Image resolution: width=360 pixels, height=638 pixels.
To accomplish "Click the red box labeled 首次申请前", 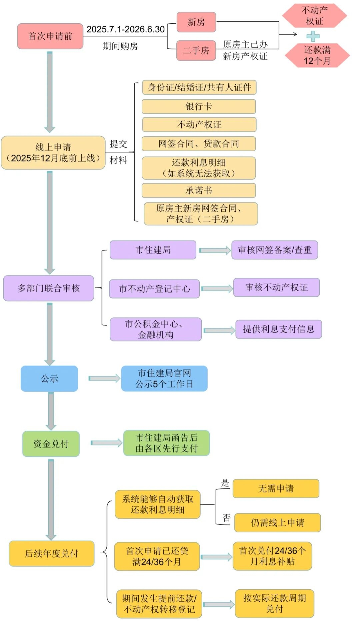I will (50, 36).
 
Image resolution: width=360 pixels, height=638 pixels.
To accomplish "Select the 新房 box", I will (196, 22).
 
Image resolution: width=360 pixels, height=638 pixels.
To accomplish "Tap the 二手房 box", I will (196, 50).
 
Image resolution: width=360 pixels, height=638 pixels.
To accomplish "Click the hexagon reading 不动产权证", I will (314, 16).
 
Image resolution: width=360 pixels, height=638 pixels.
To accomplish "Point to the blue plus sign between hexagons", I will (313, 36).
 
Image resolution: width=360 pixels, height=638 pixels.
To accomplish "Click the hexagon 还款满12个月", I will (317, 55).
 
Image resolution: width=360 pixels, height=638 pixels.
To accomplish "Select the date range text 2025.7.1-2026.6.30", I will (125, 29).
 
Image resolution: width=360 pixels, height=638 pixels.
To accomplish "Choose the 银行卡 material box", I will (199, 106).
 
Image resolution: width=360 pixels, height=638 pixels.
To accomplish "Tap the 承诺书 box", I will (199, 190).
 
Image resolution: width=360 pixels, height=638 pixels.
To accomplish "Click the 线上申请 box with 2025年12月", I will (53, 153).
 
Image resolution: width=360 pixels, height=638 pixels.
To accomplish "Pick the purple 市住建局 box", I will (153, 250).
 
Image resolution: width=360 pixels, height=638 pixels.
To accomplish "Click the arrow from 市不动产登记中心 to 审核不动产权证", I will (217, 289).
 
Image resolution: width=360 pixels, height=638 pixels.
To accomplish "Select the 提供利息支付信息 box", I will (278, 329).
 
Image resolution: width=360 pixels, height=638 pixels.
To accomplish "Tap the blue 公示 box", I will (49, 378).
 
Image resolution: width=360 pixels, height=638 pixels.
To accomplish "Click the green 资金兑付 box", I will (51, 444).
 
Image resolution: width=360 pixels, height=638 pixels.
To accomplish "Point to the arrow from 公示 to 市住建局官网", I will (104, 378).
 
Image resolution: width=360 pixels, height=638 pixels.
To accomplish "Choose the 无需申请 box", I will (276, 488).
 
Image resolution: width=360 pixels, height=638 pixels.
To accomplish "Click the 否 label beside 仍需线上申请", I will (227, 517).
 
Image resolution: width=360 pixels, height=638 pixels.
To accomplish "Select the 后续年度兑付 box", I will (51, 553).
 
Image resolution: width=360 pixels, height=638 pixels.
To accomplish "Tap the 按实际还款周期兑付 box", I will (274, 603).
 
